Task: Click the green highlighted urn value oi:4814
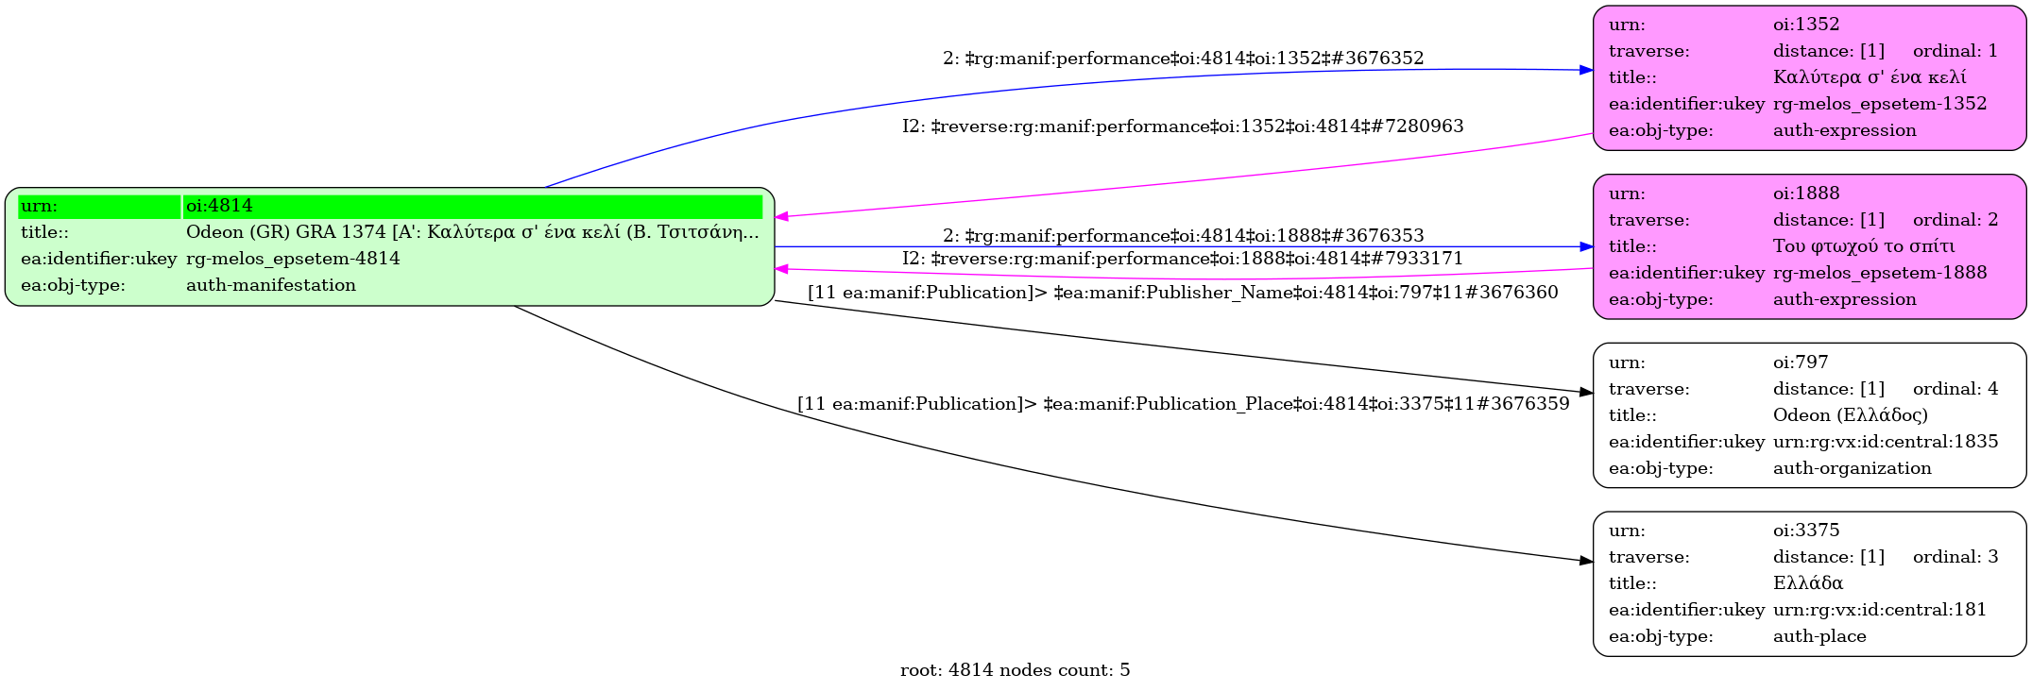tap(219, 206)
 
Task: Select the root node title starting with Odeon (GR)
tap(472, 232)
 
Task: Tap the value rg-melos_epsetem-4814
tap(293, 259)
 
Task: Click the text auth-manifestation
tap(271, 285)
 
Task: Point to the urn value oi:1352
tap(1806, 25)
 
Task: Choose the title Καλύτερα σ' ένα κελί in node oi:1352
tap(1870, 77)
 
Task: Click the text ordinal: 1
tap(1955, 51)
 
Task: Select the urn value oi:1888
tap(1806, 194)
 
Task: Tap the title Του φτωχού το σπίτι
tap(1864, 246)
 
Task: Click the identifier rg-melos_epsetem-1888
tap(1880, 273)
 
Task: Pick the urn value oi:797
tap(1801, 362)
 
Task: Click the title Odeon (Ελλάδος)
tap(1851, 415)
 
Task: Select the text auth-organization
tap(1853, 468)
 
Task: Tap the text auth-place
tap(1819, 636)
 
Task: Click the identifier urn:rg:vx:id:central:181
tap(1880, 610)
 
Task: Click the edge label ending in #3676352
tap(1183, 59)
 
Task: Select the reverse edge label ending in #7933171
tap(1183, 259)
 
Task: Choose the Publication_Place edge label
tap(1183, 404)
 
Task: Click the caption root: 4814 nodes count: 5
tap(1015, 670)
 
